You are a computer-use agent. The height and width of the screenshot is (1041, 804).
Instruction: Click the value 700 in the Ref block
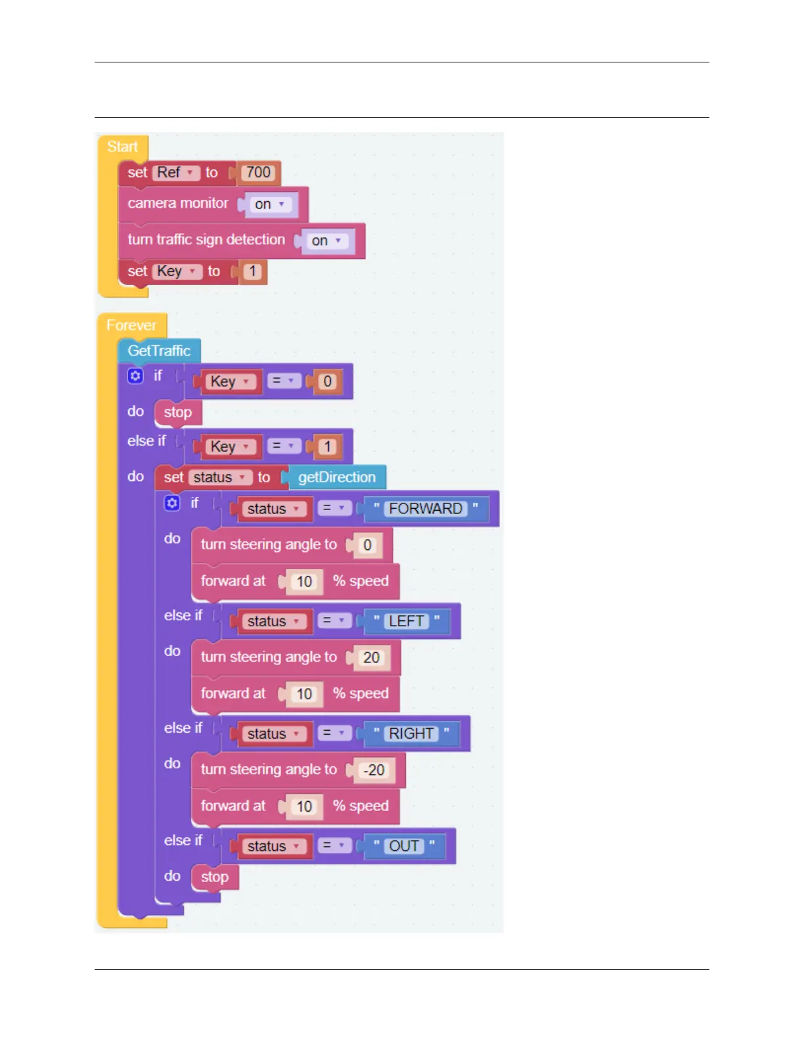pyautogui.click(x=258, y=173)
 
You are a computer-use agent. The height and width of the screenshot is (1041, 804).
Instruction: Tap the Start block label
pyautogui.click(x=123, y=147)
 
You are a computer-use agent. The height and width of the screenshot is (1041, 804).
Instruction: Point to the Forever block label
pyautogui.click(x=131, y=325)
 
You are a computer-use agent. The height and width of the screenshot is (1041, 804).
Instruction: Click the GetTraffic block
pyautogui.click(x=159, y=351)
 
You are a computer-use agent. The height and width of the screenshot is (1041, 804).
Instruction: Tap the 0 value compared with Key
pyautogui.click(x=327, y=382)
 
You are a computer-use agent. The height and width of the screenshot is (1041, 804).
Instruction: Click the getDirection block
pyautogui.click(x=336, y=478)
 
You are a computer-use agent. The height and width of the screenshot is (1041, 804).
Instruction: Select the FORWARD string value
pyautogui.click(x=425, y=509)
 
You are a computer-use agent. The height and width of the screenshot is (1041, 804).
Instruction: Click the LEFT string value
pyautogui.click(x=406, y=621)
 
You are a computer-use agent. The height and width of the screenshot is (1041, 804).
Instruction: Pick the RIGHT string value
pyautogui.click(x=411, y=733)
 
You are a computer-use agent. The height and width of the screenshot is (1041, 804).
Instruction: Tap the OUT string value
pyautogui.click(x=404, y=846)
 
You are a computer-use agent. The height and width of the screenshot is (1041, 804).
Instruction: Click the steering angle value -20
pyautogui.click(x=374, y=770)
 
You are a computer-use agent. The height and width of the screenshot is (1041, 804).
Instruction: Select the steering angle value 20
pyautogui.click(x=371, y=658)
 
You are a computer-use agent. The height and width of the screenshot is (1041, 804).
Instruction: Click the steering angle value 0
pyautogui.click(x=367, y=545)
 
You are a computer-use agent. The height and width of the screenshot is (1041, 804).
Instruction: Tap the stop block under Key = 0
pyautogui.click(x=177, y=413)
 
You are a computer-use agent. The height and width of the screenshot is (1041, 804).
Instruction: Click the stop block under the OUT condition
pyautogui.click(x=214, y=877)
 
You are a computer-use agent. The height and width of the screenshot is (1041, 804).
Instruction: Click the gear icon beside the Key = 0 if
pyautogui.click(x=135, y=376)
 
